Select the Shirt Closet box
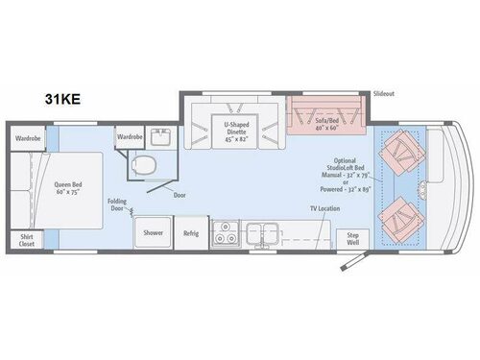[26, 240]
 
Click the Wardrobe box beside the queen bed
[28, 137]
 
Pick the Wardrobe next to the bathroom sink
[130, 137]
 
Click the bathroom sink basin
[158, 140]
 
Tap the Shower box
[154, 233]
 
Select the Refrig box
[191, 233]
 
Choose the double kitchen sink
[263, 230]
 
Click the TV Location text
[325, 207]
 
